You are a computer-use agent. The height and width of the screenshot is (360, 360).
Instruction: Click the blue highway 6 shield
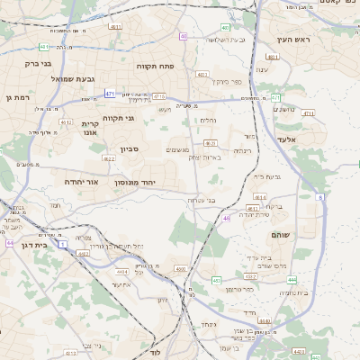point(319,196)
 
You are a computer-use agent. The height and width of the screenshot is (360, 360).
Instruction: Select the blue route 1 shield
point(63,244)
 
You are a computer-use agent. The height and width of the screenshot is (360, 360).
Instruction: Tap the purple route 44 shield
point(9,243)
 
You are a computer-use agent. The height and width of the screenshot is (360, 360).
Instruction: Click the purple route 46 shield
point(226,218)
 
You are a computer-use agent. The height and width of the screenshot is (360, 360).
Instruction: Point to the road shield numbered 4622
point(109,159)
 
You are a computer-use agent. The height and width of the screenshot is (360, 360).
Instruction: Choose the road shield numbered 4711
point(309,113)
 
